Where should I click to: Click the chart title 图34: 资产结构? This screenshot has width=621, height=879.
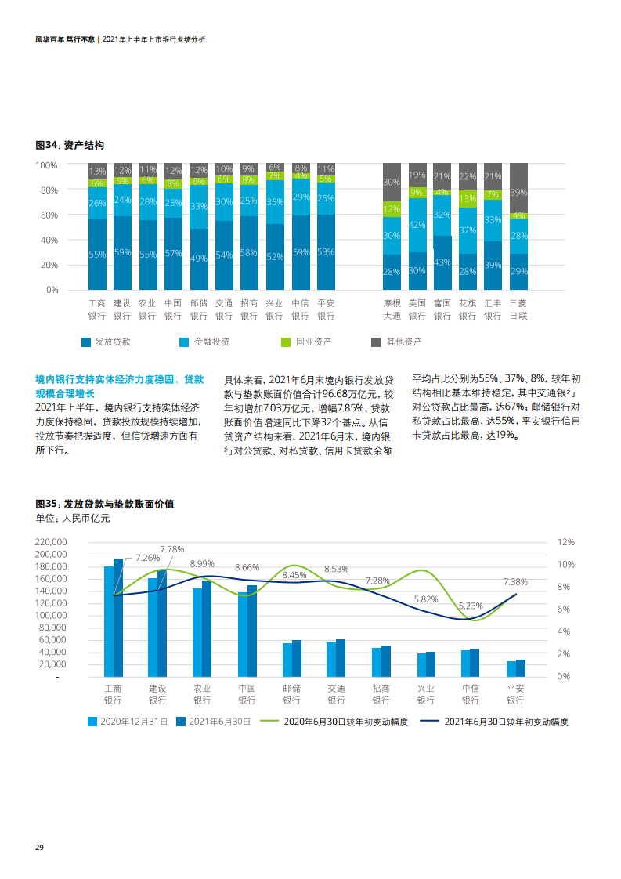point(70,145)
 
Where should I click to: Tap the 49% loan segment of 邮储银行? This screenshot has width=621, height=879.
point(199,259)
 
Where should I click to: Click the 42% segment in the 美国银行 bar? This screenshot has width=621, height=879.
point(417,225)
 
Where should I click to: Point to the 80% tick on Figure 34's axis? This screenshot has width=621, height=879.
point(47,190)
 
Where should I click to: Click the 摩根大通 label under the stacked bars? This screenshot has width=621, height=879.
point(392,309)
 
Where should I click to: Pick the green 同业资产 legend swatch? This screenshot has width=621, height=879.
point(287,342)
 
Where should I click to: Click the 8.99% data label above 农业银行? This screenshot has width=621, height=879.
point(202,563)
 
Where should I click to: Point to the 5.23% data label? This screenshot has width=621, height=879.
point(470,606)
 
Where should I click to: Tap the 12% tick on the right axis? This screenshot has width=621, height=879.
point(565,542)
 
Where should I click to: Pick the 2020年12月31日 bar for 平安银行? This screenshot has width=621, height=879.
point(511,668)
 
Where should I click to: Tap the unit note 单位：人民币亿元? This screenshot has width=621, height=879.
point(73,519)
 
